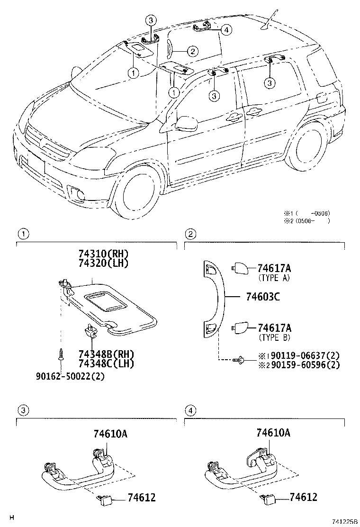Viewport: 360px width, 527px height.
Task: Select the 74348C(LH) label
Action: coord(106,364)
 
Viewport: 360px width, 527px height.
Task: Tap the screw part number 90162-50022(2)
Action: coord(70,377)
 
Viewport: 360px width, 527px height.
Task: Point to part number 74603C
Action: coord(263,297)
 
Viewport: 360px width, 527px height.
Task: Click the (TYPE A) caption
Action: coord(274,278)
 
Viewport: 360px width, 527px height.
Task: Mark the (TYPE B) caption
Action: coord(274,337)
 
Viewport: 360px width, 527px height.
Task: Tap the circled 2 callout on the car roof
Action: coord(191,51)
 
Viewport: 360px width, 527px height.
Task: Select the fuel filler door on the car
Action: coord(320,98)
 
